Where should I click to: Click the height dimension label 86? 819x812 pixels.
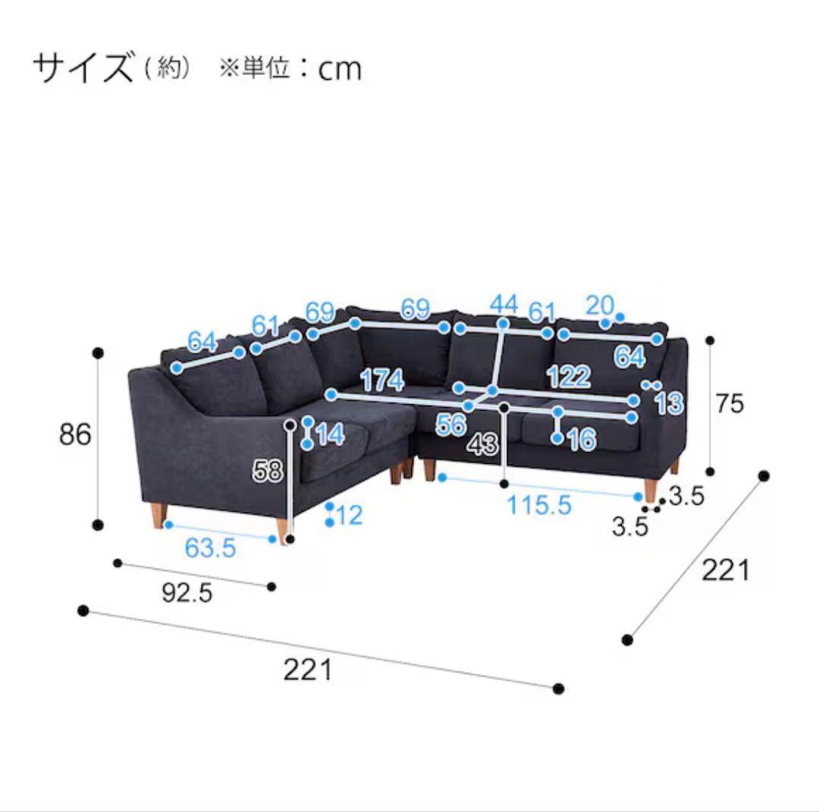click(76, 434)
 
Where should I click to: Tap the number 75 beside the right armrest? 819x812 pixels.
click(730, 403)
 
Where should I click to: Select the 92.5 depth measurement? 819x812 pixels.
click(187, 592)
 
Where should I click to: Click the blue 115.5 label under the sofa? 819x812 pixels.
click(538, 505)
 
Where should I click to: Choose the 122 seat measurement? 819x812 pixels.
click(569, 376)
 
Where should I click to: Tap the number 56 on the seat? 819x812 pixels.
click(450, 425)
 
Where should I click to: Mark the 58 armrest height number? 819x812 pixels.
click(268, 472)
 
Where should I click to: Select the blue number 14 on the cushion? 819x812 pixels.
click(330, 434)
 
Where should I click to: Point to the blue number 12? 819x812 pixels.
click(348, 516)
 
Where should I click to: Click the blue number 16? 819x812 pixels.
click(580, 440)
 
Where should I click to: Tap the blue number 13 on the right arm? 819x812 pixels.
click(669, 403)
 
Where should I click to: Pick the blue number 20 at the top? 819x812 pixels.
click(599, 305)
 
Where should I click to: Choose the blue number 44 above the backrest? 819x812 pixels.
click(504, 304)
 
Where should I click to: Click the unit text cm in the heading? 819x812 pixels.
click(340, 69)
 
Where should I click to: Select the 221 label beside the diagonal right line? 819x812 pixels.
click(725, 569)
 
